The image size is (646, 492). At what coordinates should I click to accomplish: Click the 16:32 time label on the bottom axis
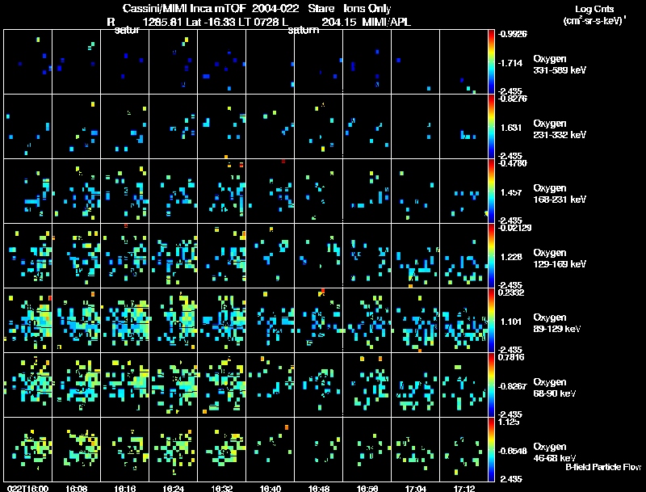[x=221, y=488]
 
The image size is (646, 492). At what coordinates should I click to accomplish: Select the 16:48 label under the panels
[x=317, y=488]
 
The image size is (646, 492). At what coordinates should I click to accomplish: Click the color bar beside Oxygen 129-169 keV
[x=491, y=255]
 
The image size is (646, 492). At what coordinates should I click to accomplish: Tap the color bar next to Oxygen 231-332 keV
[x=491, y=126]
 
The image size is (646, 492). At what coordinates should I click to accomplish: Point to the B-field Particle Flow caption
[x=603, y=467]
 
